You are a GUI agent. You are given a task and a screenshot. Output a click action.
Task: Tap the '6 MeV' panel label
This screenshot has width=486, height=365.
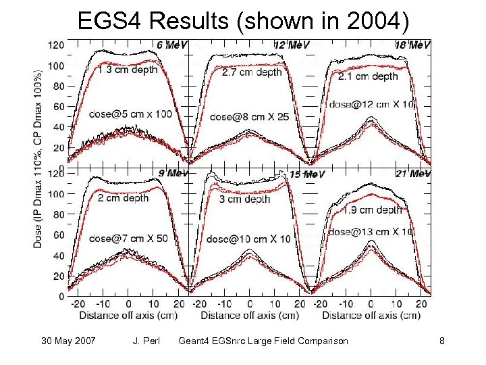point(171,45)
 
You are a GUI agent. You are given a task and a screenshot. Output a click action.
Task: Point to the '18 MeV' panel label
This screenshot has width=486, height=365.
point(414,45)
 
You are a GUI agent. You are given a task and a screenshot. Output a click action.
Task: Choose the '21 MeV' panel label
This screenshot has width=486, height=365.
point(414,174)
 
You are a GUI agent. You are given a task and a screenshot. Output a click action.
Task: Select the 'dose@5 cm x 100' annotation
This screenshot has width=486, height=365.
point(132,115)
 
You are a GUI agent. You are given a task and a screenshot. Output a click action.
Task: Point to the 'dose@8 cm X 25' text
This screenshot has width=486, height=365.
point(250,116)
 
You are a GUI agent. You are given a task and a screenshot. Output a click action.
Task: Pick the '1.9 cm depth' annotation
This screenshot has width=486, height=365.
point(373,210)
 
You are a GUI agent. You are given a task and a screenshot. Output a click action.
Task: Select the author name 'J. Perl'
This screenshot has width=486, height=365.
point(147,341)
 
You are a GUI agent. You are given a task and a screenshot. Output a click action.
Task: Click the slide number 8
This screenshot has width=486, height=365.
point(441,341)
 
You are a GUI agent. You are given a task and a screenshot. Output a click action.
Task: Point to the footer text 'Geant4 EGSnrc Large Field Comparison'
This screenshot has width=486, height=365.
point(263,341)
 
